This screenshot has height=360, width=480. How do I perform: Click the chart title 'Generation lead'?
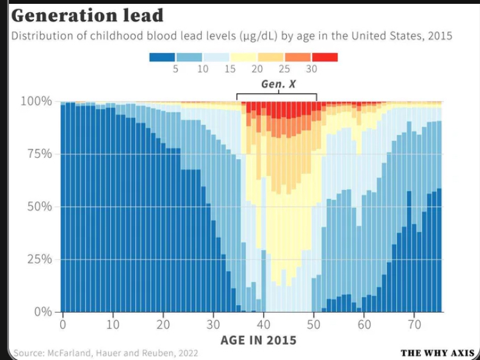87,15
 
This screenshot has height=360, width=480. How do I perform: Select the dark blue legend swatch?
162,57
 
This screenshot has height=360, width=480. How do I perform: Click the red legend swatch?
324,57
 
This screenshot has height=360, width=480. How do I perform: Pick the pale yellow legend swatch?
243,57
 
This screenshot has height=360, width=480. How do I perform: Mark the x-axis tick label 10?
113,324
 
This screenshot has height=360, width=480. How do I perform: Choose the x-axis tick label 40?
264,324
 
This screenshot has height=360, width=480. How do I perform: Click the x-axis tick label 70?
414,324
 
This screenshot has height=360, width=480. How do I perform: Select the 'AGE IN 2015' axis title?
259,340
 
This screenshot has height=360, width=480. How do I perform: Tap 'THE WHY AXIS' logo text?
437,353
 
